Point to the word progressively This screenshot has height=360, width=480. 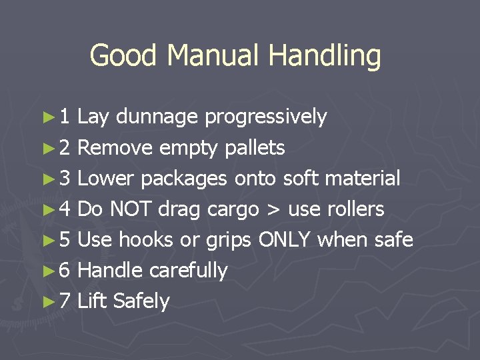265,118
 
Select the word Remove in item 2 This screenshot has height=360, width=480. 116,148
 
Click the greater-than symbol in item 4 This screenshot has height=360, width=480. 273,210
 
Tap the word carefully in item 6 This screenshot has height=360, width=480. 189,271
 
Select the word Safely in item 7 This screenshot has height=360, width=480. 141,301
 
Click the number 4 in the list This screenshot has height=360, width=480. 65,209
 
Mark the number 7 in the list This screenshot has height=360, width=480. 65,301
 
